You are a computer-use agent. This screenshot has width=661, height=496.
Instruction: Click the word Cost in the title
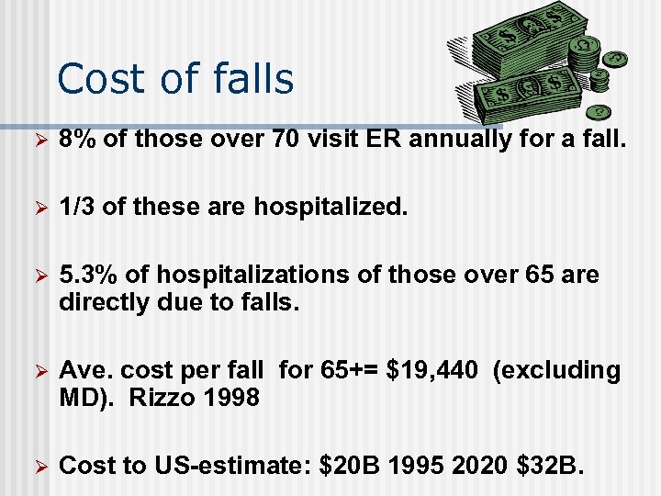point(96,79)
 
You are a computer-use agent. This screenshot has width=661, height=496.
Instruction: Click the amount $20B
point(348,466)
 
